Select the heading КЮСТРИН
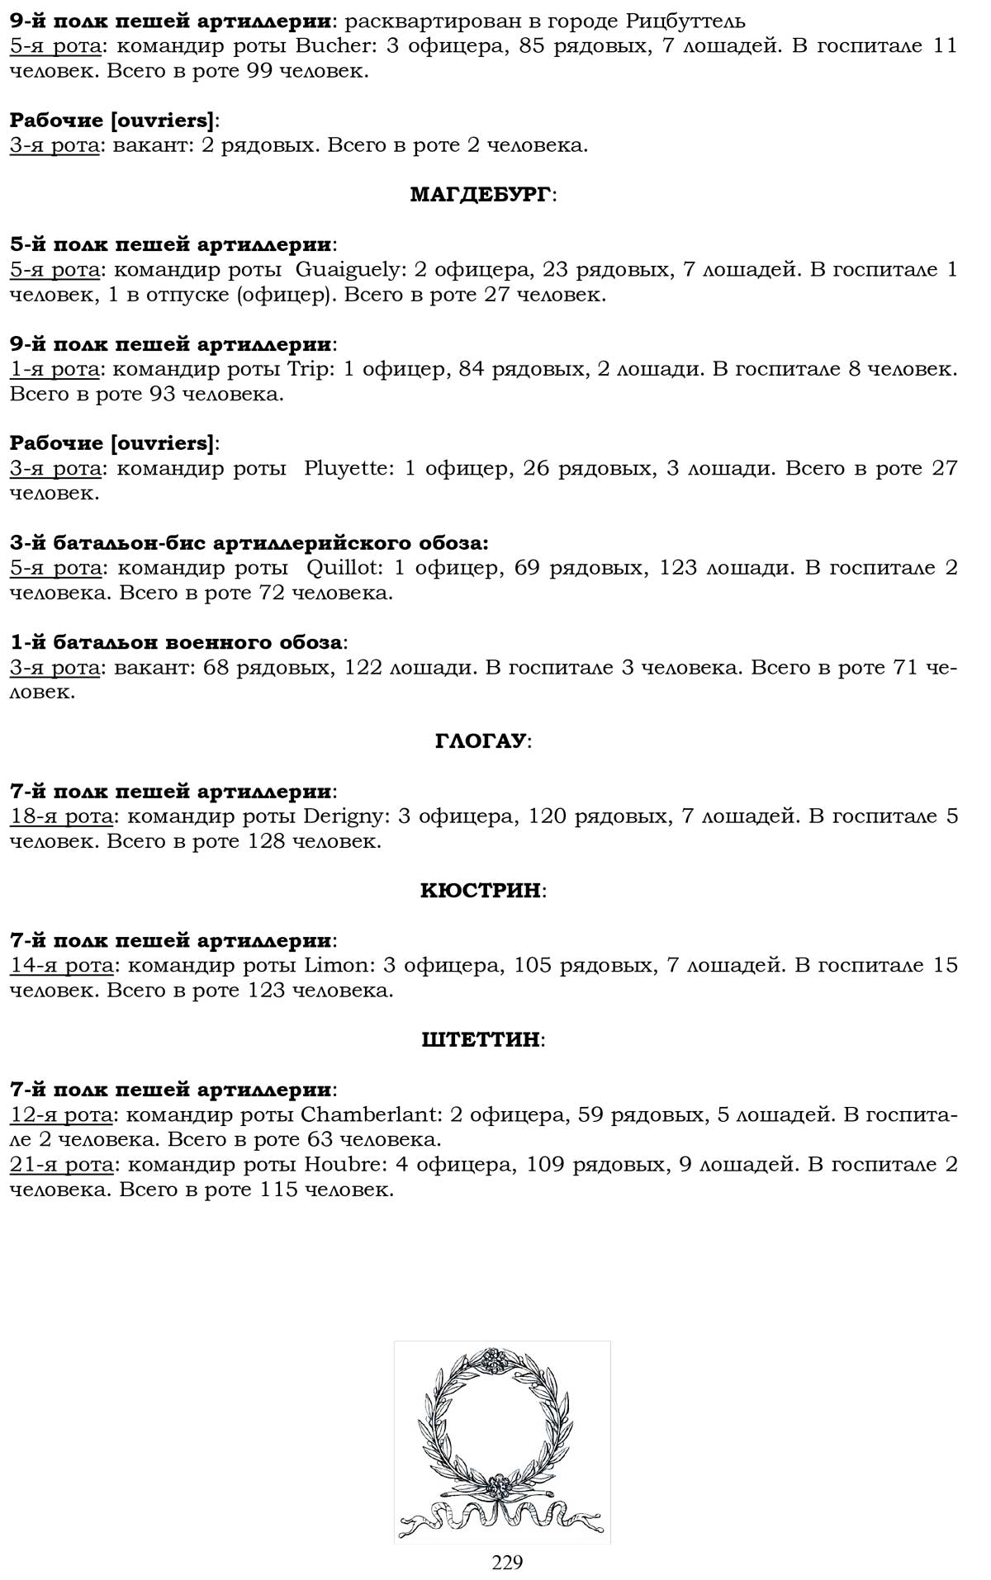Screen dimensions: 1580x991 (481, 891)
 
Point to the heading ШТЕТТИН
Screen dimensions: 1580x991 (481, 1039)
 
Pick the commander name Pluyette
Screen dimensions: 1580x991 (345, 468)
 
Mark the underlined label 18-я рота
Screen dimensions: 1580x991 (62, 816)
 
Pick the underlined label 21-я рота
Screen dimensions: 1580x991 (62, 1164)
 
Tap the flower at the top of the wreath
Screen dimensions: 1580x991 (495, 1357)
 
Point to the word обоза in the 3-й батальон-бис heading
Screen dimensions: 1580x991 (451, 542)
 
